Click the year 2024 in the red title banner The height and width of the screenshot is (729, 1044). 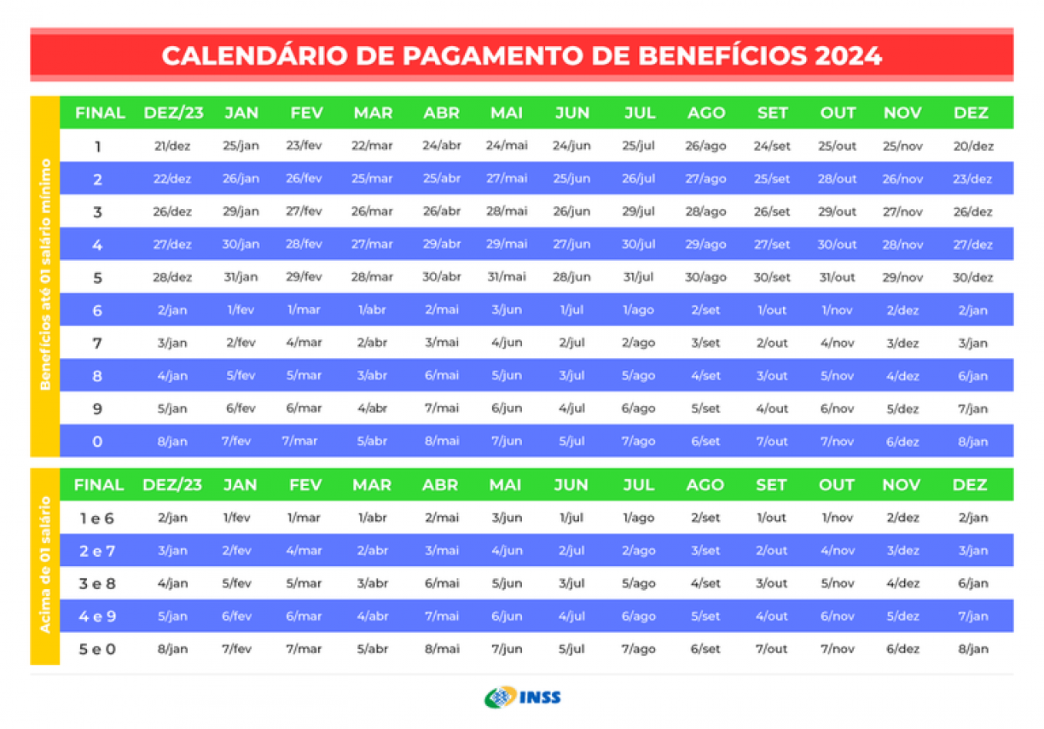(x=848, y=55)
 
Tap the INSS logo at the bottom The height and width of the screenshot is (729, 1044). (x=522, y=697)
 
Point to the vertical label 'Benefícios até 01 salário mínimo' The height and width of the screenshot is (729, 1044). (x=45, y=275)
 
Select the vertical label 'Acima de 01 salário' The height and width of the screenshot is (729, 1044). (x=45, y=566)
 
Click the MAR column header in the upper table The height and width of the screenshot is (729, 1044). (x=373, y=113)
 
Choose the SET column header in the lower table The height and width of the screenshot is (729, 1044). (x=771, y=484)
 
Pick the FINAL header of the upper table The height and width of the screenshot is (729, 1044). (x=100, y=113)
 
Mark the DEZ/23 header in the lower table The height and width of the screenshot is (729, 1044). (x=172, y=484)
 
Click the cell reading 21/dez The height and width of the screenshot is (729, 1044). (x=172, y=146)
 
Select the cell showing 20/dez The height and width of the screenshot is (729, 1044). (x=972, y=146)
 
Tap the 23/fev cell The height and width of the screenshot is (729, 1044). (x=304, y=146)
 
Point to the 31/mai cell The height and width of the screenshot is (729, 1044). (x=507, y=277)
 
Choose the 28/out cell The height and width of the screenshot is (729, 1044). (x=837, y=179)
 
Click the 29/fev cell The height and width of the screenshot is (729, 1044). (x=304, y=277)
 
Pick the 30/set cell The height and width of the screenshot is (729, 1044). (x=772, y=277)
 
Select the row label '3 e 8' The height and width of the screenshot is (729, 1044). (x=97, y=583)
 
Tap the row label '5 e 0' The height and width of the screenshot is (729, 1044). (x=97, y=649)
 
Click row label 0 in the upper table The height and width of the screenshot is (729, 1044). (x=97, y=442)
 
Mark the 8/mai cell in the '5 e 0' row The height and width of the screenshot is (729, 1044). (x=441, y=649)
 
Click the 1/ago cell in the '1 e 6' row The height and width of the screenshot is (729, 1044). (x=639, y=518)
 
